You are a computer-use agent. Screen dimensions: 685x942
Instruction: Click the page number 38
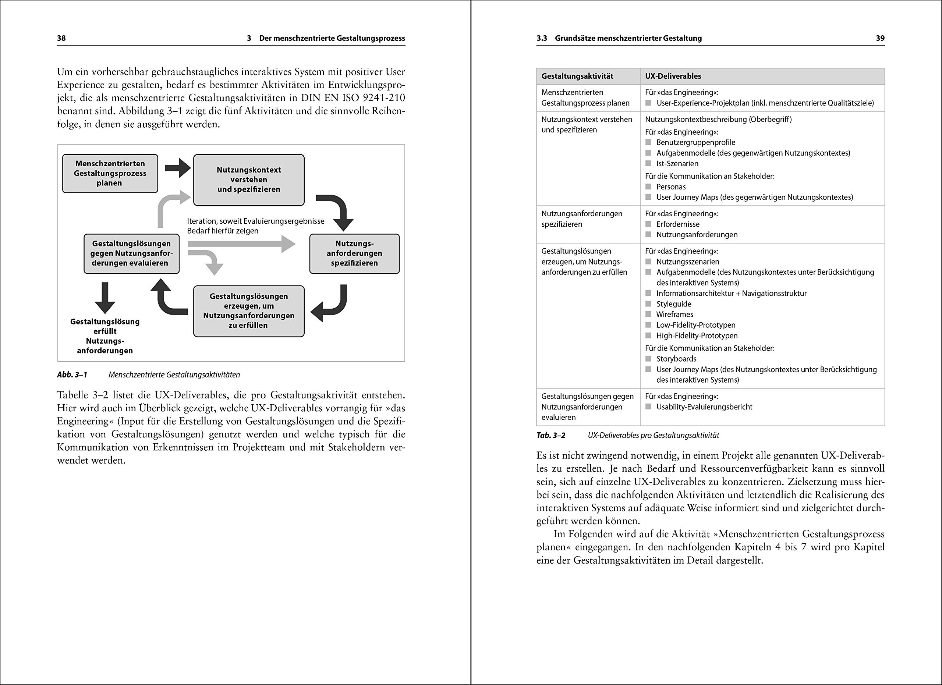61,38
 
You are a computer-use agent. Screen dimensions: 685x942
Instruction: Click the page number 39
880,38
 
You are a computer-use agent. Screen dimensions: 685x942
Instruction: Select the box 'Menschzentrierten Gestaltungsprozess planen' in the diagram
110,174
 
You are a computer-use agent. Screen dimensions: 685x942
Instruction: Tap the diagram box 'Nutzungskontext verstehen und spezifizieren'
249,180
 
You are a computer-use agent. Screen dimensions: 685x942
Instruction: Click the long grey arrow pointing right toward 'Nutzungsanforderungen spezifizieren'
241,244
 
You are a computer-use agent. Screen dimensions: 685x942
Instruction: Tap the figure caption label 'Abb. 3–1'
72,375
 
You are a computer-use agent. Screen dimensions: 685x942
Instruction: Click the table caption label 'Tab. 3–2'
551,436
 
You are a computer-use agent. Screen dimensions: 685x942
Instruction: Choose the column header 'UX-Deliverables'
673,77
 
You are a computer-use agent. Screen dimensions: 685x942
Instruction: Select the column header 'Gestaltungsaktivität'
577,77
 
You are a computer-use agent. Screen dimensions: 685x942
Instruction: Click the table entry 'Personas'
671,187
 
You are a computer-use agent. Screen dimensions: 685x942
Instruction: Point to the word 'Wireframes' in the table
674,315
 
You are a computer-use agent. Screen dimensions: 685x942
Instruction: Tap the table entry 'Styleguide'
674,304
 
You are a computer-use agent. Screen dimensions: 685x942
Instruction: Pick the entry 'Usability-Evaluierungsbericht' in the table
704,407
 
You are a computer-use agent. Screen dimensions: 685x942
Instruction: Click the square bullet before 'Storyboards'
648,359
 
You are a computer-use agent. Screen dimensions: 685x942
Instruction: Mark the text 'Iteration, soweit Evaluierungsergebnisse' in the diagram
255,221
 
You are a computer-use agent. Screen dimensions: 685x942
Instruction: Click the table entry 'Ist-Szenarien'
677,164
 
